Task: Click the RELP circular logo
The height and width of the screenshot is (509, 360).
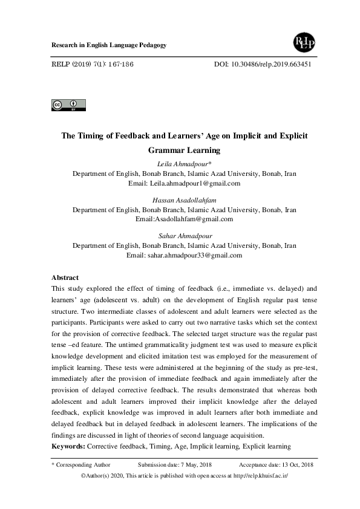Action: click(x=301, y=43)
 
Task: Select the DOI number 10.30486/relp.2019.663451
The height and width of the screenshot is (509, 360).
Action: click(x=272, y=63)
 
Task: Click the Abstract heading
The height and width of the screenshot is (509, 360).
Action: click(x=65, y=277)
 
